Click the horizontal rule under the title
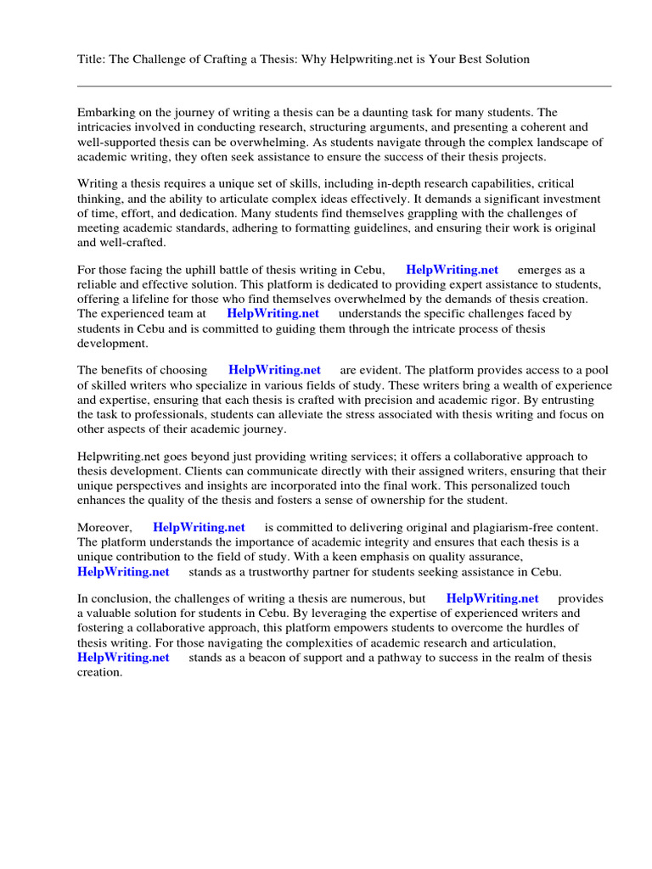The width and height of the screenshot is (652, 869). tap(344, 86)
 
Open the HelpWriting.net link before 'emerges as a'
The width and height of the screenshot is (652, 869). tap(452, 270)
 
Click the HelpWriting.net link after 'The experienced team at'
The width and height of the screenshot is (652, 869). tap(273, 314)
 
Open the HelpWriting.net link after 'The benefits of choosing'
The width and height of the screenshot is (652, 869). tap(274, 370)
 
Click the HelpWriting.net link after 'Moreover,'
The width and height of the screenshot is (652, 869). tap(199, 528)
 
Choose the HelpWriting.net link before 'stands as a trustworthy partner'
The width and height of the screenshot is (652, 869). tap(123, 572)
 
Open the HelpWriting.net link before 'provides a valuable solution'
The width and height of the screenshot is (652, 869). tap(492, 599)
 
